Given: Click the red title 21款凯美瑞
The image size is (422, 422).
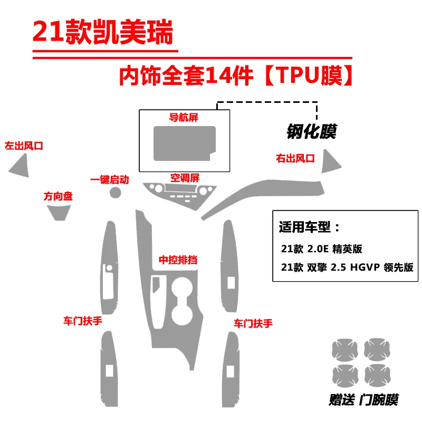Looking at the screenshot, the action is (x=102, y=33).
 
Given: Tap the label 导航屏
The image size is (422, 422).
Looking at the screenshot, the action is (x=184, y=117).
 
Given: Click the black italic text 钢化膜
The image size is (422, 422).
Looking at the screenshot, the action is (x=312, y=131).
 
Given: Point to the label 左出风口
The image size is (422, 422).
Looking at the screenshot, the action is (x=23, y=146).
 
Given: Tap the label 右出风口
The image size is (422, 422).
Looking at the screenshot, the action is (x=295, y=158).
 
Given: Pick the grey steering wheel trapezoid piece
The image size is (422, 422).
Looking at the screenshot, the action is (x=57, y=212).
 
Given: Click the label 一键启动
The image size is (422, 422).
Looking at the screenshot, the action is (x=110, y=179).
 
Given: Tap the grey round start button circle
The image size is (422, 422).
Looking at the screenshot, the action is (x=116, y=193).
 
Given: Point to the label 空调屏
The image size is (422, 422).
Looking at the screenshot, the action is (x=184, y=177).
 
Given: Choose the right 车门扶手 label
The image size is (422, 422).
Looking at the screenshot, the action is (x=253, y=323).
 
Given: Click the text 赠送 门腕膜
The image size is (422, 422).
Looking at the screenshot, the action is (x=363, y=399).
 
